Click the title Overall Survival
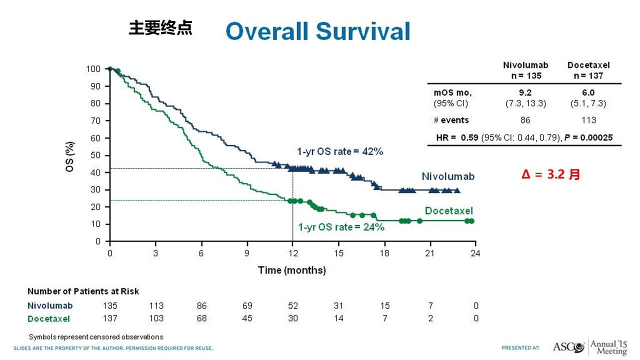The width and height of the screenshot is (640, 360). coord(317,31)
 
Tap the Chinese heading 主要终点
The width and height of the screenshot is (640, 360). coord(160,28)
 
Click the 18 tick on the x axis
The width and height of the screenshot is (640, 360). coord(384,253)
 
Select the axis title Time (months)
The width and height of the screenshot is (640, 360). coord(292,270)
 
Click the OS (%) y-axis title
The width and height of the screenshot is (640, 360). coord(70,155)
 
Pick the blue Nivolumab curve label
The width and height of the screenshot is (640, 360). coord(448,176)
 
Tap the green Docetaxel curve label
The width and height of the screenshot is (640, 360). coord(448,211)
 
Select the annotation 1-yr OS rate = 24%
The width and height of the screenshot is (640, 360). coord(341,227)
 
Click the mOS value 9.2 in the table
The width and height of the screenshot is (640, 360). coord(525,92)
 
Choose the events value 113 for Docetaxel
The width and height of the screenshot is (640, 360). coord(589,120)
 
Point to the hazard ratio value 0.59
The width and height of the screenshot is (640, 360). coord(468,137)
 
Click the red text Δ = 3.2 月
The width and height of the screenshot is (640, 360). coord(550,175)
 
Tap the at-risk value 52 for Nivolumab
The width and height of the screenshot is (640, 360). coord(292,306)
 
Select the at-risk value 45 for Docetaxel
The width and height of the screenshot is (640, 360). coord(247,318)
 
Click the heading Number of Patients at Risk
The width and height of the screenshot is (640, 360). coord(83,291)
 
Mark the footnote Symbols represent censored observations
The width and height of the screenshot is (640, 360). coord(96,337)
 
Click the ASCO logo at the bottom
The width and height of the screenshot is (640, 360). coord(569,346)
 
